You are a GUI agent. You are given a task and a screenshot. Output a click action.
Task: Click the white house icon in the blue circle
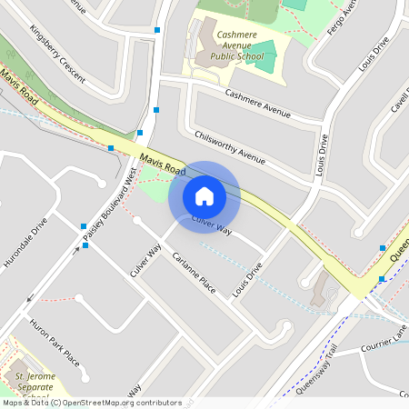204,195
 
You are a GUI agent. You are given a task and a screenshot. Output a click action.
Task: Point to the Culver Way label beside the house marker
212,227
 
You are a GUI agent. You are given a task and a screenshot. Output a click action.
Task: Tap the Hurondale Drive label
25,243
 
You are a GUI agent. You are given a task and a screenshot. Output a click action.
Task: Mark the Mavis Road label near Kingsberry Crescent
20,89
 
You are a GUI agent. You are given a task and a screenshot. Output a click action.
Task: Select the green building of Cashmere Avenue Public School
260,54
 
